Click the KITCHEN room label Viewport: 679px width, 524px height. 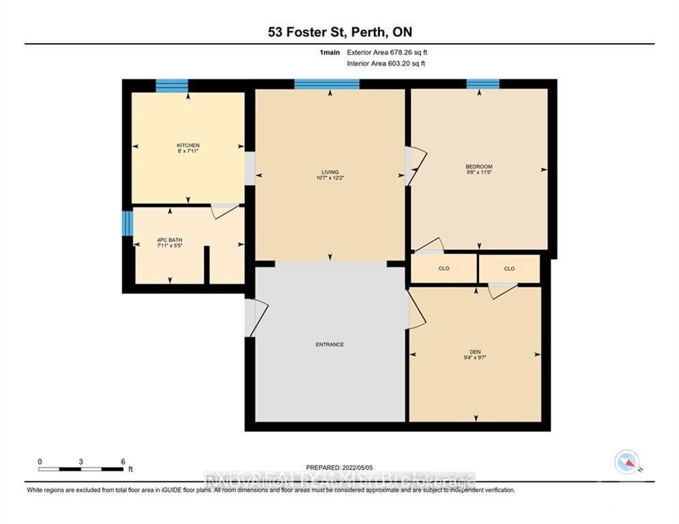click(188, 146)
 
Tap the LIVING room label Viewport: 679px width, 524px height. click(330, 173)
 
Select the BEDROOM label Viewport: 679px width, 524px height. click(478, 167)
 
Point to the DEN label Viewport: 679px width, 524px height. click(475, 352)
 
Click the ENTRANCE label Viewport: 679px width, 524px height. click(330, 345)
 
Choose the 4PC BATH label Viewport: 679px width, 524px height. click(169, 240)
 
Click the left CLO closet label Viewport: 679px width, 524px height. click(444, 269)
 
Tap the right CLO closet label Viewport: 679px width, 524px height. click(509, 269)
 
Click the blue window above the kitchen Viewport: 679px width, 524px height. click(171, 85)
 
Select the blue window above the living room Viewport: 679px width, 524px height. click(327, 85)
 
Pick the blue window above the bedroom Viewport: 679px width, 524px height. click(482, 84)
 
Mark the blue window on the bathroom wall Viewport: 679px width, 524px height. click(126, 224)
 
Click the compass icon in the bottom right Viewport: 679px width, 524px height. click(626, 462)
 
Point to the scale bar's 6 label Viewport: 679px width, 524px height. click(122, 461)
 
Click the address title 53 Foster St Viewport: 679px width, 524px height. click(339, 32)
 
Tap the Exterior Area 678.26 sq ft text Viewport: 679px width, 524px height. click(387, 52)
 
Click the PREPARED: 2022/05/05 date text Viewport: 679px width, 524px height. click(339, 467)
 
